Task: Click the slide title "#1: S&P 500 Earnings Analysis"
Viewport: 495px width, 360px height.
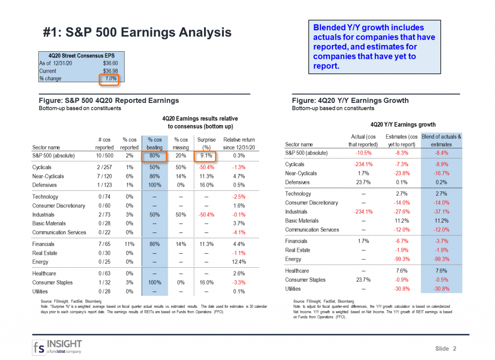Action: [137, 32]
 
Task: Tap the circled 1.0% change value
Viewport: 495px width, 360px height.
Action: [109, 79]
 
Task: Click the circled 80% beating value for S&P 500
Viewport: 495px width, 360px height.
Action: [154, 156]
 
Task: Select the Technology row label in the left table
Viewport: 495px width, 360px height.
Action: [45, 197]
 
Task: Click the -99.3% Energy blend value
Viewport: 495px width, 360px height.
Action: [441, 259]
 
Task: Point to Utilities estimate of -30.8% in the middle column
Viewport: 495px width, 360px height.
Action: [402, 289]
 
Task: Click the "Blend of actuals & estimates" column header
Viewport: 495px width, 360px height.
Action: [441, 141]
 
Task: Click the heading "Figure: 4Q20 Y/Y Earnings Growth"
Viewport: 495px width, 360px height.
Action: [350, 101]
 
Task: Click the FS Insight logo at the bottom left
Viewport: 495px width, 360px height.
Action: [57, 346]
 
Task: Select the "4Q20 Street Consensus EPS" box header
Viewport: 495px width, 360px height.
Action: [81, 56]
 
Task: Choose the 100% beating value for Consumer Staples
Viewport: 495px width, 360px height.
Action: [154, 283]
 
